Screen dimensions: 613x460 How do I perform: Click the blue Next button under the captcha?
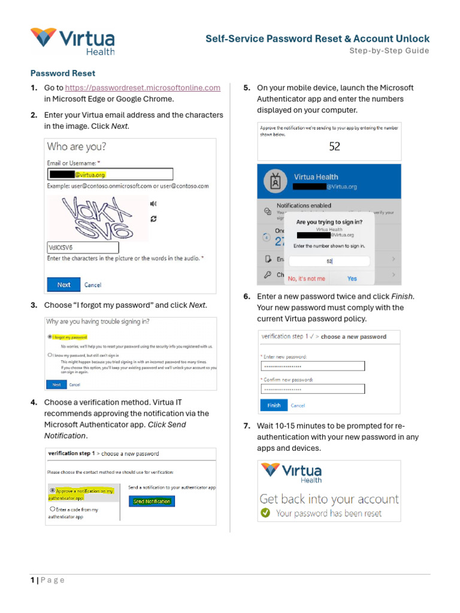click(63, 285)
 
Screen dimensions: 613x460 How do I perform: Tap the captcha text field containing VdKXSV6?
click(83, 248)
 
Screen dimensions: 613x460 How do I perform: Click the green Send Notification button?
click(152, 502)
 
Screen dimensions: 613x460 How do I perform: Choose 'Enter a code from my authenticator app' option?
click(53, 509)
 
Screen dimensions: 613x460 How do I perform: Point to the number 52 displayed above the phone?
click(334, 146)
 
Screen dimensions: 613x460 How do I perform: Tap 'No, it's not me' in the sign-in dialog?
click(307, 278)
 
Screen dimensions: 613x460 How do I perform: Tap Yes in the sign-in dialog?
click(352, 278)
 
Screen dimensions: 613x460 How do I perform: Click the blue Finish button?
click(274, 405)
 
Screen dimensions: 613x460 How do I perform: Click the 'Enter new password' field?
click(313, 366)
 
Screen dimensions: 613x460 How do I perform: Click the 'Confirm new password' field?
click(313, 389)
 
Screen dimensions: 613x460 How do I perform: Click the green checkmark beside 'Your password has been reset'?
click(265, 513)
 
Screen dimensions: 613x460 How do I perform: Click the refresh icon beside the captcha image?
click(154, 219)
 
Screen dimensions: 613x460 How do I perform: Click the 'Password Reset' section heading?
click(63, 74)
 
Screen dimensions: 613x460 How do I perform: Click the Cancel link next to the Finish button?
click(298, 405)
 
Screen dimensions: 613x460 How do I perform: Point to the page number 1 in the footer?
click(33, 580)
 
